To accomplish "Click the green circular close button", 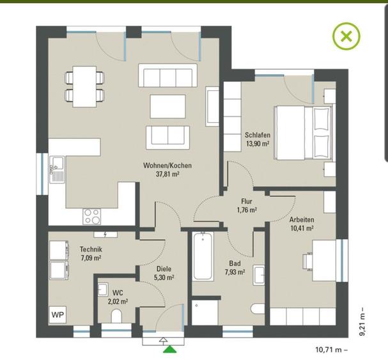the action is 346,36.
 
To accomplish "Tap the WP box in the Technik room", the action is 58,315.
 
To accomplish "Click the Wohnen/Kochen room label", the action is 167,166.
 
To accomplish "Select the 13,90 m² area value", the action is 258,143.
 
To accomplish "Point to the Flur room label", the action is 247,201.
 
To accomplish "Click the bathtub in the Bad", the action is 203,256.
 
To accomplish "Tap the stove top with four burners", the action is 92,217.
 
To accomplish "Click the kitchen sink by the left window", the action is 57,169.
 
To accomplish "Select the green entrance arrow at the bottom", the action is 170,349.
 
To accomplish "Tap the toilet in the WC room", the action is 116,316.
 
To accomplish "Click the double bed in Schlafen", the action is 304,132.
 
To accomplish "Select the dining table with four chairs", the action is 84,87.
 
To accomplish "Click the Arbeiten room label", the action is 302,219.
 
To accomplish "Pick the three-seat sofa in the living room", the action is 167,75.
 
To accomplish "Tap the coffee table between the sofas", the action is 167,106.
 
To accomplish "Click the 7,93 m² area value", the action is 235,272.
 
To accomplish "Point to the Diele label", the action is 164,269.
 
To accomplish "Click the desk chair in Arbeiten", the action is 307,261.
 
